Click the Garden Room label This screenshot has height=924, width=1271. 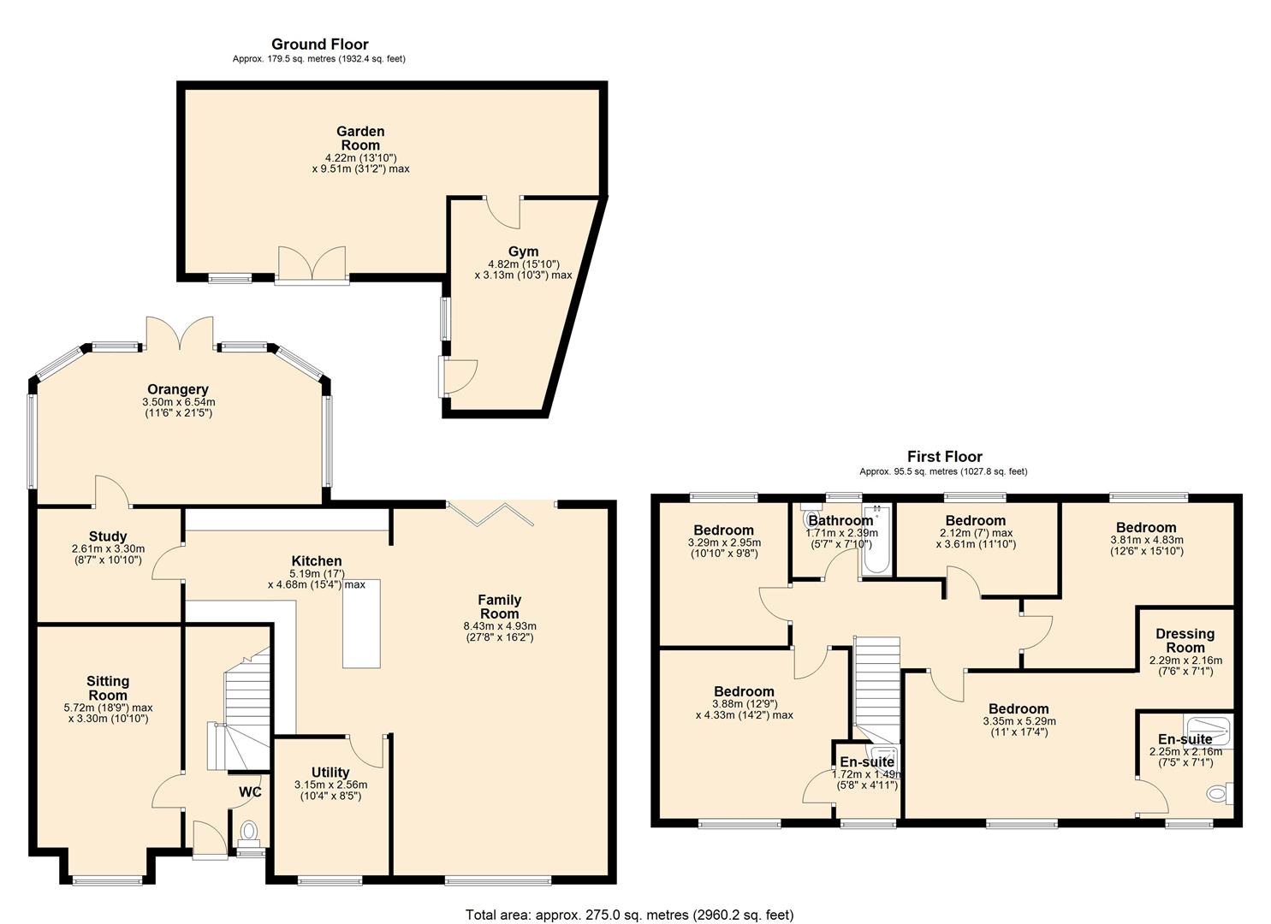tap(360, 139)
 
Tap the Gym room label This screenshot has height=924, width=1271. tap(523, 252)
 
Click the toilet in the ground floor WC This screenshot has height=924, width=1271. tap(249, 831)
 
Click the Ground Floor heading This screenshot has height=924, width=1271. tap(319, 44)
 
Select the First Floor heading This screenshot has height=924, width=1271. tap(944, 457)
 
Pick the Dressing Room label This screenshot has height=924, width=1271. tap(1185, 641)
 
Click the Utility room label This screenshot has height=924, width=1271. tap(330, 773)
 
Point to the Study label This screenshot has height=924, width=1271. tap(108, 536)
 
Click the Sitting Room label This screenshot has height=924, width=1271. tap(108, 688)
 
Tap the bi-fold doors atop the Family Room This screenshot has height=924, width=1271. tap(490, 512)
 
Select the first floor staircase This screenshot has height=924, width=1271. tap(877, 684)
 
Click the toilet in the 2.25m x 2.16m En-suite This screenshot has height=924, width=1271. tap(1217, 793)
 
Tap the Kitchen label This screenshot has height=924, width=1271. tap(317, 561)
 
